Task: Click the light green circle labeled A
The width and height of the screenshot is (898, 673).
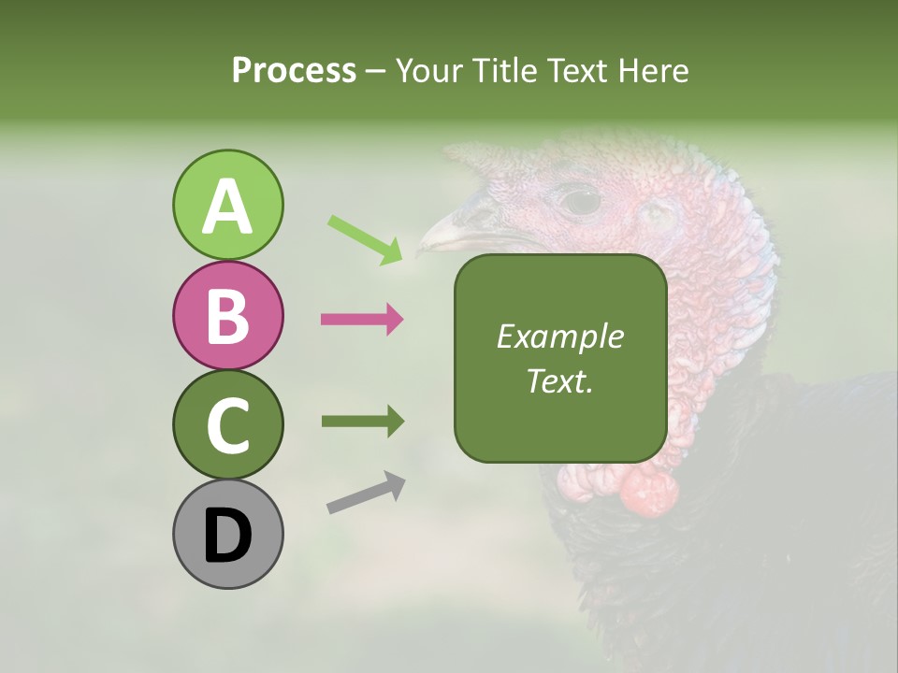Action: point(227,205)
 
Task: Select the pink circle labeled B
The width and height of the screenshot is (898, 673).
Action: point(227,316)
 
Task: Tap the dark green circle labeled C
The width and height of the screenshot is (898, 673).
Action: point(227,424)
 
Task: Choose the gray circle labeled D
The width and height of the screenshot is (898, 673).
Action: point(227,534)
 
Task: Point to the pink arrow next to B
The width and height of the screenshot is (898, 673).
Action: point(362,320)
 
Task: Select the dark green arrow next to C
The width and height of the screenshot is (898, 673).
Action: point(362,422)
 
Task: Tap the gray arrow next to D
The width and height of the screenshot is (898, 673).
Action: point(366,493)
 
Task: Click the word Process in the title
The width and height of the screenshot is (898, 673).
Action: point(294,70)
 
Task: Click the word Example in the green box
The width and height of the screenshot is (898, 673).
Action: point(559,336)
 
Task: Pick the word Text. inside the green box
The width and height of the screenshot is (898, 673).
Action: point(559,380)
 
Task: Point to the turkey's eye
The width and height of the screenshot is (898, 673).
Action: point(581,200)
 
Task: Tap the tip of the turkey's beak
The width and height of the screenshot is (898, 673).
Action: point(422,250)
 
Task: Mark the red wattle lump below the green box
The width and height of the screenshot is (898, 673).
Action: point(648,491)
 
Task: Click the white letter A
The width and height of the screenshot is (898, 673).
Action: point(227,207)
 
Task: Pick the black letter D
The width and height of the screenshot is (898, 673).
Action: point(227,536)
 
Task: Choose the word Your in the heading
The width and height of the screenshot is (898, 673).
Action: point(431,70)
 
